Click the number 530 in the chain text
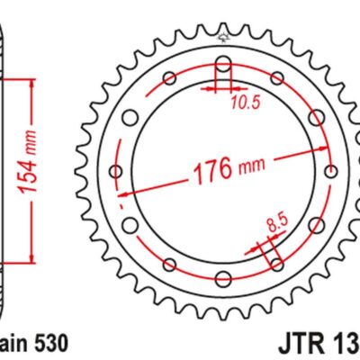pos(47,343)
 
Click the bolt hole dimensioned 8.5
pos(274,264)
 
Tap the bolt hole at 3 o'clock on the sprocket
pos(331,171)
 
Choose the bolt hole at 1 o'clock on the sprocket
pos(275,77)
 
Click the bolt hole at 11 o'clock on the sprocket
pos(170,77)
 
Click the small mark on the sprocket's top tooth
pos(222,37)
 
